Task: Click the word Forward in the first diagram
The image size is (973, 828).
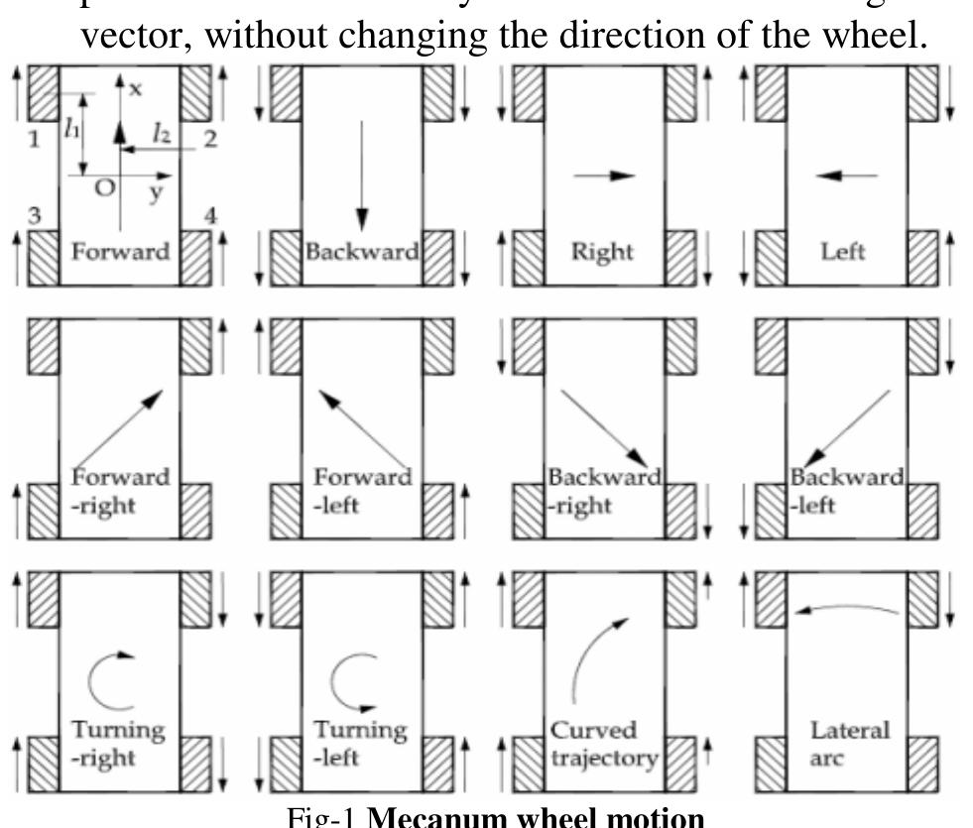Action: (x=119, y=251)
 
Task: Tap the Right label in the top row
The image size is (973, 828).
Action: (x=602, y=251)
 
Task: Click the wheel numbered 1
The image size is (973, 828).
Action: (x=45, y=92)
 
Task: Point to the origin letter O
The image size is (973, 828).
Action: (x=103, y=188)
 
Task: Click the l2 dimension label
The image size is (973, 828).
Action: (x=163, y=131)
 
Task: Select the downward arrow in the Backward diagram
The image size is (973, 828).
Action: (x=362, y=174)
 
